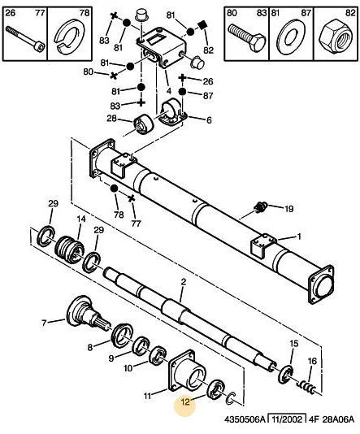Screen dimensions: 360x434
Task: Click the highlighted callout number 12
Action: click(x=185, y=401)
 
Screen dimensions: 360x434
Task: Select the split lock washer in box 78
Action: click(x=70, y=35)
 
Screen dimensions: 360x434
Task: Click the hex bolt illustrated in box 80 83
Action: click(x=247, y=37)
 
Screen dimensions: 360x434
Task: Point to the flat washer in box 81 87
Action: click(x=291, y=36)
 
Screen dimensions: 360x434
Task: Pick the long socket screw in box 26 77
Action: click(x=25, y=39)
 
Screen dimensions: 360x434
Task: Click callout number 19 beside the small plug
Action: click(x=288, y=208)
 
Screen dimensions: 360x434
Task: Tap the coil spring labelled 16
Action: click(x=307, y=386)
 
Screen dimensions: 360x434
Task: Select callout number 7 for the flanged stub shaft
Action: click(x=44, y=323)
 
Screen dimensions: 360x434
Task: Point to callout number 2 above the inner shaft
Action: click(x=184, y=282)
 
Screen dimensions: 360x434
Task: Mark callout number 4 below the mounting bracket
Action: click(x=169, y=90)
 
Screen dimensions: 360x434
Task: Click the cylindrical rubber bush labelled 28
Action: click(x=143, y=124)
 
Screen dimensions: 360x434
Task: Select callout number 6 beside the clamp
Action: click(x=209, y=120)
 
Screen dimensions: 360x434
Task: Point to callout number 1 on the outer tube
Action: click(x=298, y=237)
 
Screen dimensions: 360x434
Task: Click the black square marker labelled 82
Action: click(x=203, y=25)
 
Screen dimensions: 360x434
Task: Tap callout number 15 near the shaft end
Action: click(x=294, y=344)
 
